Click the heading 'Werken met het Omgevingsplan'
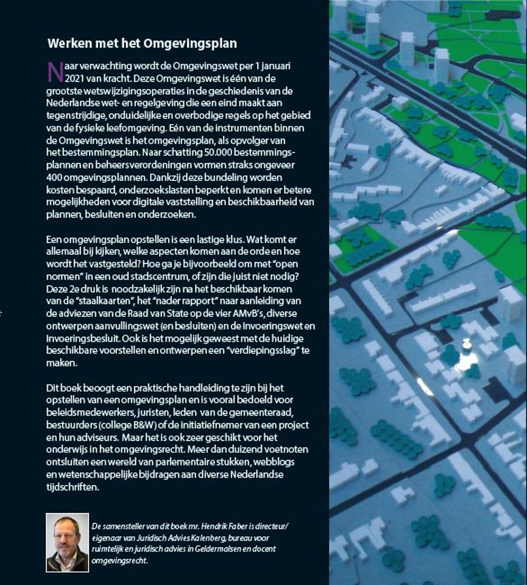coord(142,44)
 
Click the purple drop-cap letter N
coord(55,71)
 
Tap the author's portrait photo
coord(67,543)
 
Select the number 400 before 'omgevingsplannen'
coord(55,176)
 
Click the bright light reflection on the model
coord(466,360)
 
